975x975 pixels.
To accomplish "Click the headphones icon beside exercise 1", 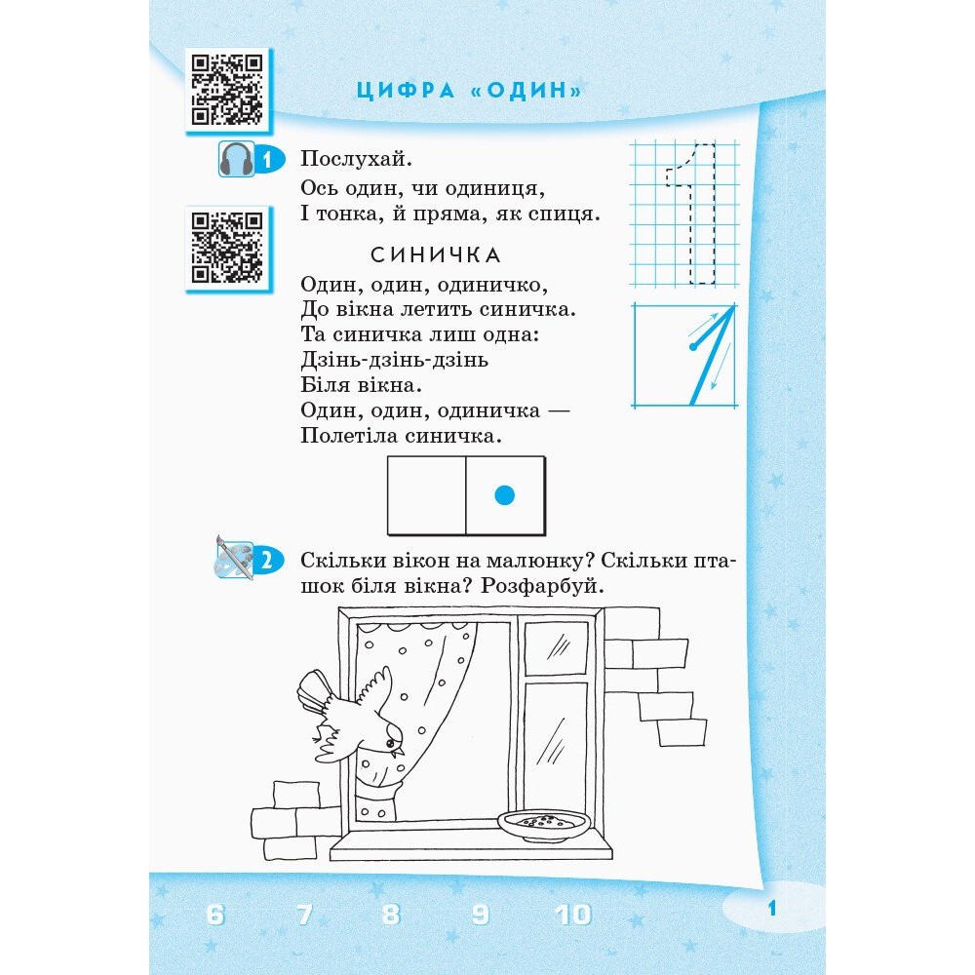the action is click(236, 159).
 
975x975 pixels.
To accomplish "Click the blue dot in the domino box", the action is click(504, 495).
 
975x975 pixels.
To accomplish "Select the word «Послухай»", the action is click(356, 159).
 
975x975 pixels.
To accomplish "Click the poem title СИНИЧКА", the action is click(435, 254).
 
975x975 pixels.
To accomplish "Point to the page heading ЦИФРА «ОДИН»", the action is click(470, 91).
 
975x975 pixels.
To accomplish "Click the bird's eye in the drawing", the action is click(390, 742).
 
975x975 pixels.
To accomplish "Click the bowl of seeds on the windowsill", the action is click(543, 825).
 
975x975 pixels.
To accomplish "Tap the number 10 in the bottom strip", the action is click(572, 915).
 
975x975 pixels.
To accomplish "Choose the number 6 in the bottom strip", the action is click(214, 915).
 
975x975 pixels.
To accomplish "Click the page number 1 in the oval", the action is click(771, 909).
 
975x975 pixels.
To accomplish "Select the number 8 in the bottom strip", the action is click(391, 915).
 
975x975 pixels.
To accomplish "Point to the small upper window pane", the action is click(556, 648).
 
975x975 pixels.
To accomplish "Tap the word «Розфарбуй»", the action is click(541, 586).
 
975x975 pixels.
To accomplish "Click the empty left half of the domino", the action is click(427, 495).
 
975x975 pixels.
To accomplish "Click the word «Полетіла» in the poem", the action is click(349, 435).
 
